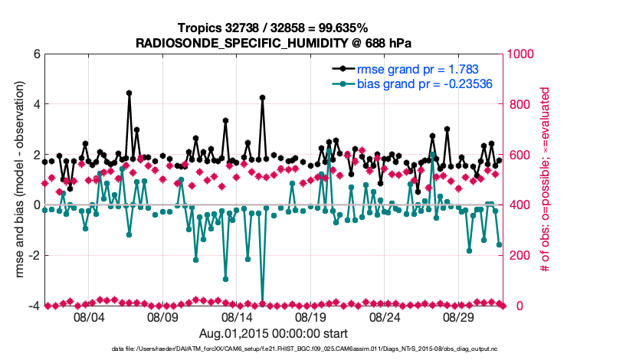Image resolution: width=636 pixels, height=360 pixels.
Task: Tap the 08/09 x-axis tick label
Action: (162, 317)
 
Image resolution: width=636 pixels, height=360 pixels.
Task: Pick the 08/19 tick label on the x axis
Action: (311, 317)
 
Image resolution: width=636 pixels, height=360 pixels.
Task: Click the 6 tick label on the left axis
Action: (36, 54)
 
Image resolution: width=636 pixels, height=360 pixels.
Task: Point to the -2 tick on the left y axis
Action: (34, 256)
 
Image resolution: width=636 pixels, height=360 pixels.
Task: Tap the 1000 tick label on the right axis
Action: (522, 54)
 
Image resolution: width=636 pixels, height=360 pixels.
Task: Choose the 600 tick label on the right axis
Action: (519, 155)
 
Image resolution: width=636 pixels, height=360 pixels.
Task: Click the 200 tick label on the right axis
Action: (519, 256)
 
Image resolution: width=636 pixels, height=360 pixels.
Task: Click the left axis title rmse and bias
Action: (15, 180)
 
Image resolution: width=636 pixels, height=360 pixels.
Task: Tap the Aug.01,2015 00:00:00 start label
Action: (274, 333)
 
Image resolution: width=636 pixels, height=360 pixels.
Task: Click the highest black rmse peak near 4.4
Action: (129, 93)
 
